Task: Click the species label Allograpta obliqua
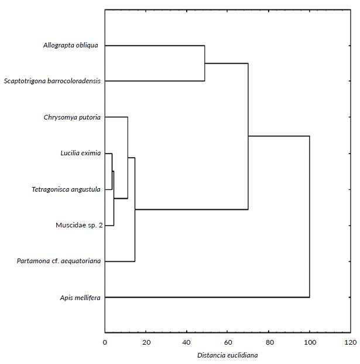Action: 70,45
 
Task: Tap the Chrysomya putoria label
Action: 71,117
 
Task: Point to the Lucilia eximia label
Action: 80,154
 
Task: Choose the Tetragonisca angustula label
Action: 66,189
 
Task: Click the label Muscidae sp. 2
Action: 78,225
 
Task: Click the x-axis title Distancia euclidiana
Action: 227,355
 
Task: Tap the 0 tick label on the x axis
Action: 105,342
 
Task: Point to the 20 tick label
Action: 146,342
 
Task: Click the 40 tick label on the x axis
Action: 187,342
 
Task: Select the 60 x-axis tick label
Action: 228,342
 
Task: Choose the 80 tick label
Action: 269,342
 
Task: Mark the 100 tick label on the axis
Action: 310,342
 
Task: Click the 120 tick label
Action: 350,342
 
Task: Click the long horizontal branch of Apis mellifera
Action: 205,298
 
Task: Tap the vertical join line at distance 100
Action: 310,217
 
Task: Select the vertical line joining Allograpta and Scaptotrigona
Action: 204,63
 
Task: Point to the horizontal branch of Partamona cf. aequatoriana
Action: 120,261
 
